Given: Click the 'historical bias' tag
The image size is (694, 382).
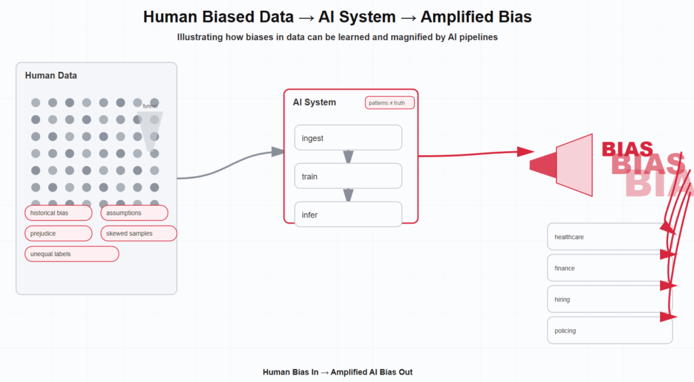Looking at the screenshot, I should tap(58, 213).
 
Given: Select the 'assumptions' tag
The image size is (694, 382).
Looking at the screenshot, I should tap(134, 213).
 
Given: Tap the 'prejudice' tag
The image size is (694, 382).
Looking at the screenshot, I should tap(58, 234).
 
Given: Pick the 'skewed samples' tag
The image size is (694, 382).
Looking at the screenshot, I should tap(139, 234).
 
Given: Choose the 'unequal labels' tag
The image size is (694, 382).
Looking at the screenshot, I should tap(72, 254).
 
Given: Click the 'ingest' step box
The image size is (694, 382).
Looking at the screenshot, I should tap(348, 137).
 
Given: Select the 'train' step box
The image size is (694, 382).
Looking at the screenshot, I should tap(348, 176).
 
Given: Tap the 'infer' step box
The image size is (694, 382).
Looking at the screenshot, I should tap(348, 214).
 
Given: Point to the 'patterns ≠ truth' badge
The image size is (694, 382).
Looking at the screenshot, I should tap(390, 103).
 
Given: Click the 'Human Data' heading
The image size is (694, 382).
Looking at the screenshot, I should tap(51, 75).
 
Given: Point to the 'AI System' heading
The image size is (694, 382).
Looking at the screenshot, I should tap(314, 102).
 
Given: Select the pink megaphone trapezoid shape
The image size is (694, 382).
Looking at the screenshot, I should tap(575, 165).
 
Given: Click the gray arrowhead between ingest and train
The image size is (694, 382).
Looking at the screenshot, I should tap(348, 157).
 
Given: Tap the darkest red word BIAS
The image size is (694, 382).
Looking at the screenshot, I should tap(627, 149).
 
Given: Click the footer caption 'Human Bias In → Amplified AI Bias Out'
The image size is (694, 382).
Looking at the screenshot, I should tap(338, 372).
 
